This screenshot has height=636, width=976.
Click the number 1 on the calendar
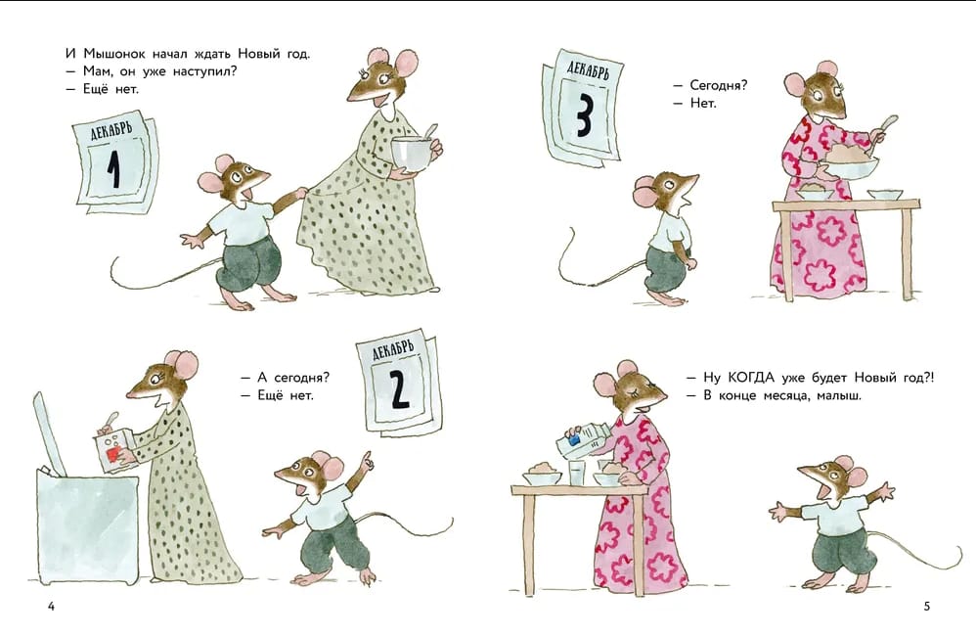[x=113, y=169]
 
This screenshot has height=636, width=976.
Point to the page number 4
[x=51, y=606]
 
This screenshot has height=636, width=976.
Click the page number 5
[x=926, y=606]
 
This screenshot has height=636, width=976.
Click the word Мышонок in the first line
[x=114, y=54]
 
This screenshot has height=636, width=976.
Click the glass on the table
[x=577, y=473]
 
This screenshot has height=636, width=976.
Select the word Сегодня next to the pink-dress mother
[x=719, y=86]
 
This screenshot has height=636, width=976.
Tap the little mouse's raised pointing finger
[x=369, y=459]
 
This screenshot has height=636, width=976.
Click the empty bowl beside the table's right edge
[x=885, y=195]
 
